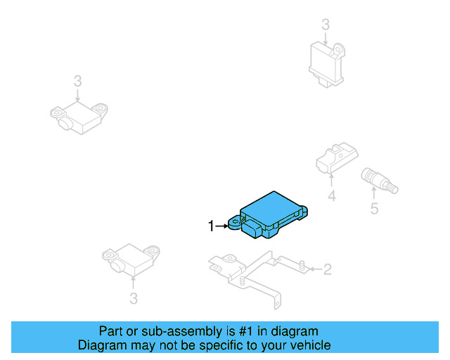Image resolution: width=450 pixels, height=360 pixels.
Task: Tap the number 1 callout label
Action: coord(210,226)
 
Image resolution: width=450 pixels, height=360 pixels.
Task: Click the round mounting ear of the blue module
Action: coord(233,224)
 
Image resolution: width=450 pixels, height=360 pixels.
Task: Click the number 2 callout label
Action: coord(327,269)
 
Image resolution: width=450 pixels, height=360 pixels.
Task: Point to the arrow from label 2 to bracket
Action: coord(313,269)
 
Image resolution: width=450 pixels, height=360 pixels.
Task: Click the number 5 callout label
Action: coord(374,208)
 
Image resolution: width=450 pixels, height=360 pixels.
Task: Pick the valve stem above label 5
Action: coord(378,180)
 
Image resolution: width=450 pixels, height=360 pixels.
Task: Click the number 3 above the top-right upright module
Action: coord(326,25)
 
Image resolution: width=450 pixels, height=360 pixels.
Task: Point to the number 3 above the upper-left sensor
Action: coord(77,82)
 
